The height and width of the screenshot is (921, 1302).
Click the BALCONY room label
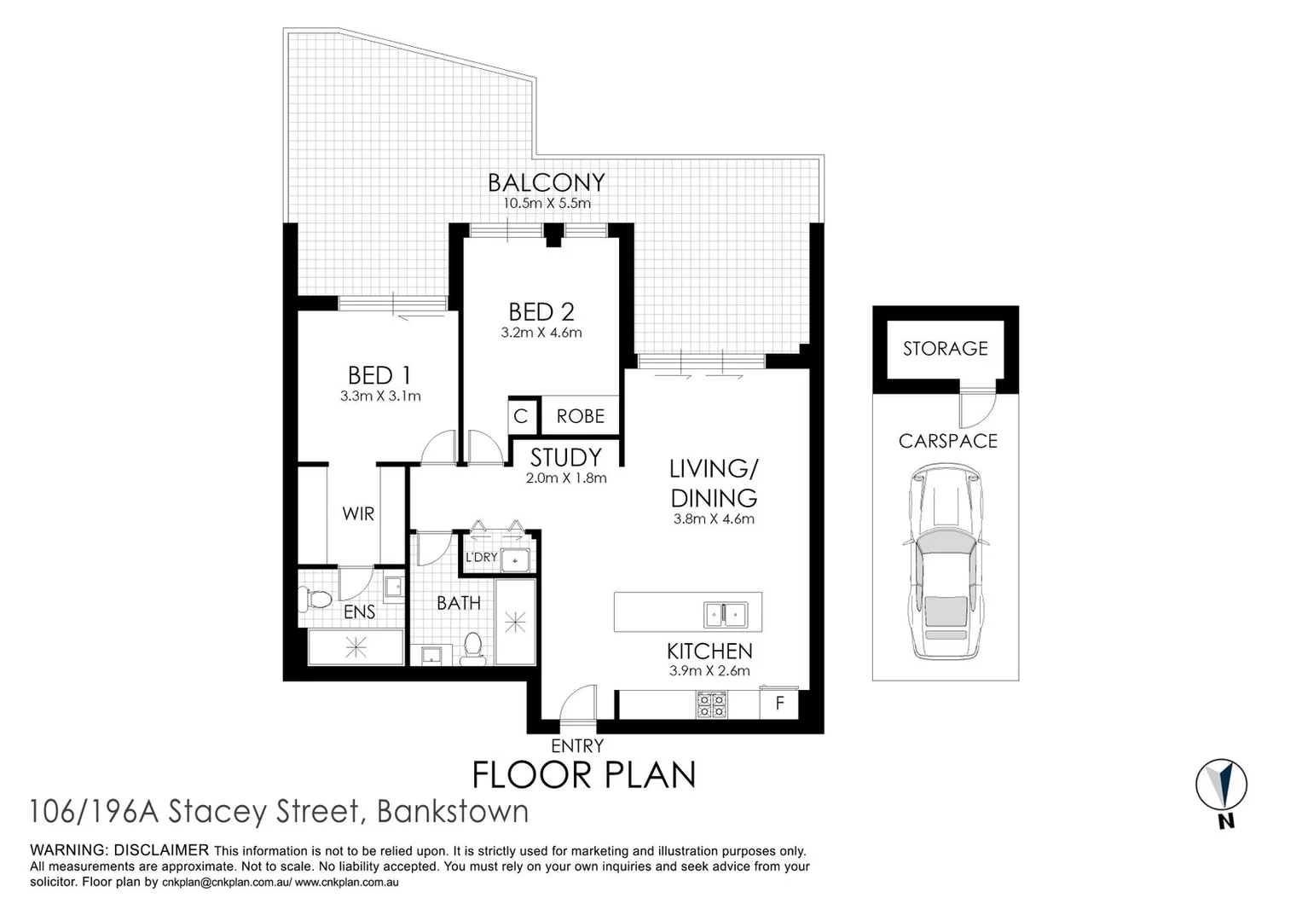[x=546, y=182]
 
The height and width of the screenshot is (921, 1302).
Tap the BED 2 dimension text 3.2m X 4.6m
[x=541, y=333]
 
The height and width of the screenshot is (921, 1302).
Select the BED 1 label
[x=379, y=375]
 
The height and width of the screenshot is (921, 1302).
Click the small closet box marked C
[x=521, y=416]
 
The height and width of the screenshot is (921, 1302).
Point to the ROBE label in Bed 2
[x=580, y=416]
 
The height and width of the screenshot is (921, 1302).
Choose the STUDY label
[x=565, y=458]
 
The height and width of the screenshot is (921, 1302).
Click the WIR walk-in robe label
[x=358, y=513]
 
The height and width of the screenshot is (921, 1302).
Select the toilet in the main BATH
[x=472, y=650]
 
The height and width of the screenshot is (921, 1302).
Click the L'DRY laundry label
[x=481, y=557]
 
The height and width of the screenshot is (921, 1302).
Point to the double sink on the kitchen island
[x=724, y=613]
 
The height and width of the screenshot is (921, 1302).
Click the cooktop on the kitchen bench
[x=712, y=705]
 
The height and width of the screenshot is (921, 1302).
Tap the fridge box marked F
[x=779, y=704]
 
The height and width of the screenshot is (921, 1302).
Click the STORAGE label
[x=945, y=348]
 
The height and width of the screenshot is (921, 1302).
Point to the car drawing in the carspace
[x=945, y=563]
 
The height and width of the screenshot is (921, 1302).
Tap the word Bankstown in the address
[x=452, y=811]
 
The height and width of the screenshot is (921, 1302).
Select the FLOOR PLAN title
[x=584, y=774]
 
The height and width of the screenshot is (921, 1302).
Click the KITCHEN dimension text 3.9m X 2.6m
[x=709, y=670]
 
